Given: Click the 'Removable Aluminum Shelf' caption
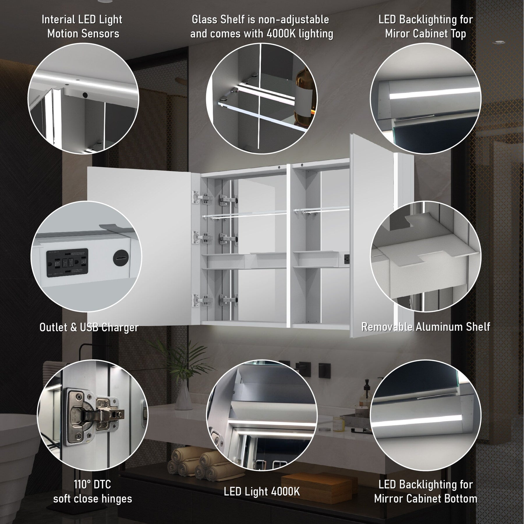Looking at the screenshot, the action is click(x=426, y=327).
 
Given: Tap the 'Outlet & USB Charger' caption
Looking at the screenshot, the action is click(x=89, y=327).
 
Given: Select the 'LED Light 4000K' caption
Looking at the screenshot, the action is click(x=262, y=491).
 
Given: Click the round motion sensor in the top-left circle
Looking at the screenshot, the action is click(x=85, y=95).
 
